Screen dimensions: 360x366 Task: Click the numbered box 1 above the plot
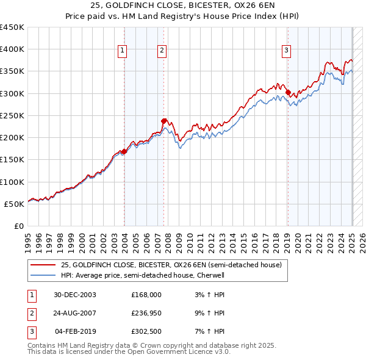pyautogui.click(x=123, y=51)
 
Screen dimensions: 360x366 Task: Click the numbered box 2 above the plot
pyautogui.click(x=162, y=51)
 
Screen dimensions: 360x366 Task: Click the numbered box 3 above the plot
pyautogui.click(x=286, y=51)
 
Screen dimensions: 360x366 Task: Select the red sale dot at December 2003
pyautogui.click(x=124, y=151)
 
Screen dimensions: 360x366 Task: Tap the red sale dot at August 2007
pyautogui.click(x=164, y=121)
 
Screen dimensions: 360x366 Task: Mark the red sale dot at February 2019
pyautogui.click(x=288, y=93)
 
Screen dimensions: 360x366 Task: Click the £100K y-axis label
pyautogui.click(x=12, y=182)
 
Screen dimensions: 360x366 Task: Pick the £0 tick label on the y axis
pyautogui.click(x=18, y=226)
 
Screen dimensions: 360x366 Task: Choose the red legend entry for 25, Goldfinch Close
pyautogui.click(x=171, y=265)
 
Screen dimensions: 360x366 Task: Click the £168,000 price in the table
pyautogui.click(x=146, y=295)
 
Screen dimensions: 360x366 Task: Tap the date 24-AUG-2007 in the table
pyautogui.click(x=75, y=313)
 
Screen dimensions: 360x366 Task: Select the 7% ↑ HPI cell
pyautogui.click(x=212, y=331)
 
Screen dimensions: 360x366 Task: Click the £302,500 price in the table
pyautogui.click(x=146, y=331)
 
